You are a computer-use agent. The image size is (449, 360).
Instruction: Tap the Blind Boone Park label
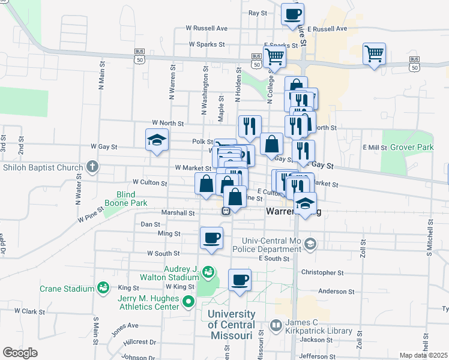(127, 199)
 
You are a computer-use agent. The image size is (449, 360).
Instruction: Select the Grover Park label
(411, 147)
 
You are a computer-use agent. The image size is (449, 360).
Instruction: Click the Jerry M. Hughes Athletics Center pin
(188, 302)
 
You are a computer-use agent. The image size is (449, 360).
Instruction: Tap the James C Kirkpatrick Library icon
(276, 326)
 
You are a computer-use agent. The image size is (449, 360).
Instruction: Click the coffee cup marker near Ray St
(292, 14)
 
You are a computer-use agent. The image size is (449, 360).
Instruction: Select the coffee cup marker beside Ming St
(211, 238)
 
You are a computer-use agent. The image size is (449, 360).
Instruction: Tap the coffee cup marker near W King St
(240, 280)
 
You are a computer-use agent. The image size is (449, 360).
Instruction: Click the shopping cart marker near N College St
(274, 57)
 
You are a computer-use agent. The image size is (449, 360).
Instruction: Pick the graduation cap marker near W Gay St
(156, 140)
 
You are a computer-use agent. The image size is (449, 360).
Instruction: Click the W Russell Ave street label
(206, 28)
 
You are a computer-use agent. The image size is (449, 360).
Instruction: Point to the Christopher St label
(323, 272)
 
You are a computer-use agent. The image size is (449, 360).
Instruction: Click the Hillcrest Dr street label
(139, 342)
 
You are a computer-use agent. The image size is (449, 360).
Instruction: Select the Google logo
(20, 353)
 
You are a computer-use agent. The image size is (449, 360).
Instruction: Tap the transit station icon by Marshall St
(226, 211)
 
